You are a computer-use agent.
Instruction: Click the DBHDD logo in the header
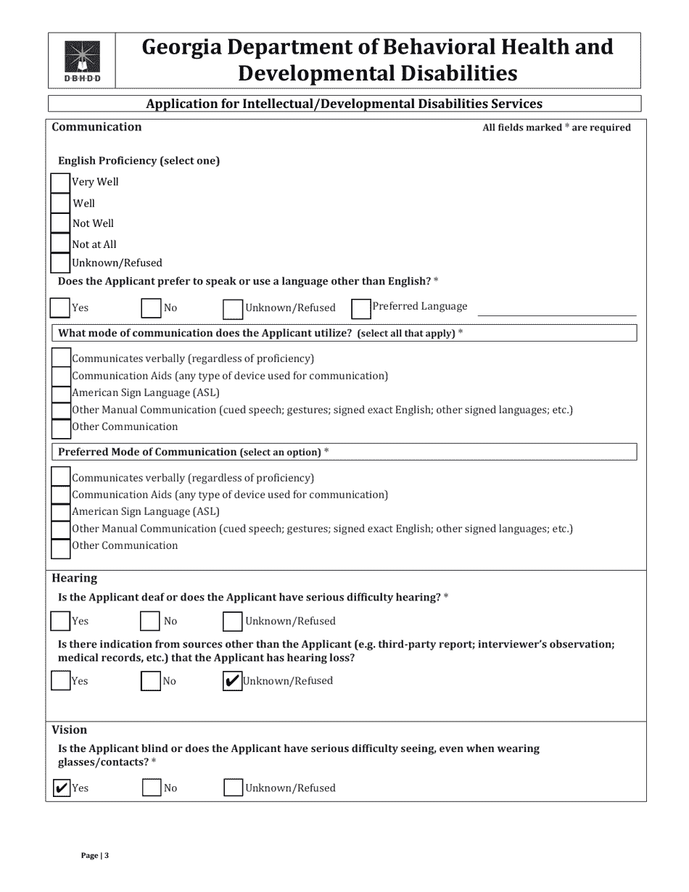pyautogui.click(x=82, y=61)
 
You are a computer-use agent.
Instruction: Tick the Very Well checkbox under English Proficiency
pyautogui.click(x=59, y=182)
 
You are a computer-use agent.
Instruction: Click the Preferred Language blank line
pyautogui.click(x=556, y=311)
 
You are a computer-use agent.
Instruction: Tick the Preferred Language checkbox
pyautogui.click(x=360, y=308)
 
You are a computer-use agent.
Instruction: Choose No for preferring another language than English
pyautogui.click(x=151, y=308)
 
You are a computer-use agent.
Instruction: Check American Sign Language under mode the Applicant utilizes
pyautogui.click(x=61, y=393)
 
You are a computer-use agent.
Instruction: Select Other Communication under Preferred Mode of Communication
pyautogui.click(x=61, y=548)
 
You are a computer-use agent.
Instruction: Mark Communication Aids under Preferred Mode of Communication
pyautogui.click(x=61, y=495)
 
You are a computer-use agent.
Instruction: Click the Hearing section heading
pyautogui.click(x=74, y=578)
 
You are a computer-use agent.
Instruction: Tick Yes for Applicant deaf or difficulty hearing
pyautogui.click(x=60, y=621)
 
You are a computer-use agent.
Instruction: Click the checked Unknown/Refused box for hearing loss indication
pyautogui.click(x=232, y=681)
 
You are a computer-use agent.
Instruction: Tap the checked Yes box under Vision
pyautogui.click(x=62, y=788)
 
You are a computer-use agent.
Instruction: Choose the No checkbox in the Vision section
pyautogui.click(x=151, y=788)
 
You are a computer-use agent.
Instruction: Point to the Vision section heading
pyautogui.click(x=69, y=730)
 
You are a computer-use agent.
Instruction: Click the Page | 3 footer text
pyautogui.click(x=95, y=856)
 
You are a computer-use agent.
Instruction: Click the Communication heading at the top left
pyautogui.click(x=96, y=127)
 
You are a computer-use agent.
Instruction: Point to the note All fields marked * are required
pyautogui.click(x=556, y=128)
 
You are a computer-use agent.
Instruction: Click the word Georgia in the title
pyautogui.click(x=182, y=48)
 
